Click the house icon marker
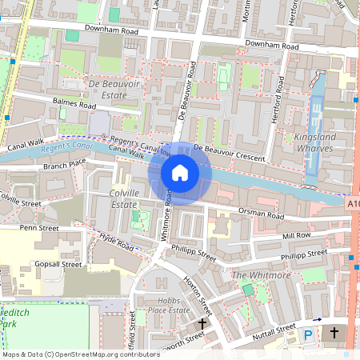point(180,173)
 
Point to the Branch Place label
point(65,164)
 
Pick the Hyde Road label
point(117,242)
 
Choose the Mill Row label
point(296,236)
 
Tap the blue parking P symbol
point(309,337)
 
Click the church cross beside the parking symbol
point(334,332)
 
